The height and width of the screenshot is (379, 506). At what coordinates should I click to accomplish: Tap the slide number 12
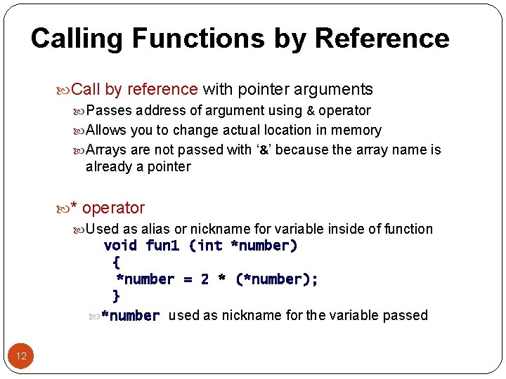[x=21, y=356]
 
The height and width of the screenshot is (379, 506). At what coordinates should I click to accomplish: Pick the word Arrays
[x=110, y=149]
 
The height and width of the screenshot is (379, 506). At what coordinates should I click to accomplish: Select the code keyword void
[x=120, y=246]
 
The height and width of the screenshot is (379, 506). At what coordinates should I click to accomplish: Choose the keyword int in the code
[x=209, y=246]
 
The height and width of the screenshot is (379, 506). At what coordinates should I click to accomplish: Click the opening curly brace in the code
[x=117, y=262]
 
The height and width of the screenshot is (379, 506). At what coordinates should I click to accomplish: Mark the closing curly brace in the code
[x=117, y=296]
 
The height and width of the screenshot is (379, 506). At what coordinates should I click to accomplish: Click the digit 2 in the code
[x=205, y=279]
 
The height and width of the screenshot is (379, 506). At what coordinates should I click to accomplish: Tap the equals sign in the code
[x=188, y=279]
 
